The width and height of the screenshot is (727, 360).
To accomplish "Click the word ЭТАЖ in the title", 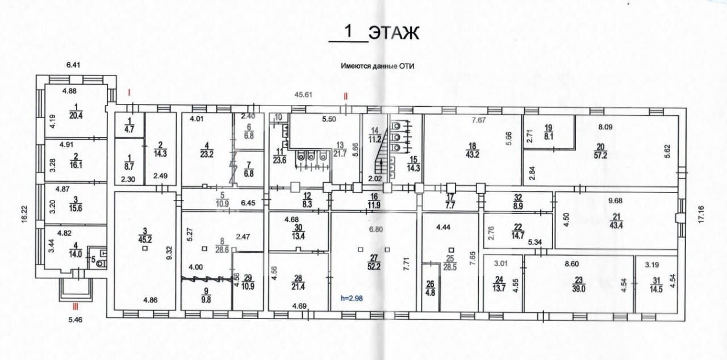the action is (394, 33).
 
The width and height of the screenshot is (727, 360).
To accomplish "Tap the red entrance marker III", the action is (75, 306).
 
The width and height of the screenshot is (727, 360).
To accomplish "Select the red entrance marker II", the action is (346, 96).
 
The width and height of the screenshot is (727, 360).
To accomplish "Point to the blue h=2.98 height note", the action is (352, 298).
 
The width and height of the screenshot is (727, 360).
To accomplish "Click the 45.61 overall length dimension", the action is (303, 95).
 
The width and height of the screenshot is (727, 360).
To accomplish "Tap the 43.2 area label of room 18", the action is (472, 154).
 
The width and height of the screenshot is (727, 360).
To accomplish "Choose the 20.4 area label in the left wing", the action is (76, 115).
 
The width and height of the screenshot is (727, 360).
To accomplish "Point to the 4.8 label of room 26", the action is (431, 292).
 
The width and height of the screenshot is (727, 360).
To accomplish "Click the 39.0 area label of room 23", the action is (579, 288).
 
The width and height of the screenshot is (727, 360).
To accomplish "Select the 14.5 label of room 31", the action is (656, 289).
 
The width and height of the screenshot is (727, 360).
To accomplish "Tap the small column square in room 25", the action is (451, 250).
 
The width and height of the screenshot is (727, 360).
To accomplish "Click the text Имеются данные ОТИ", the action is (378, 66).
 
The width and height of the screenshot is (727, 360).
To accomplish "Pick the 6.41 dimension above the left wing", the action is (73, 65).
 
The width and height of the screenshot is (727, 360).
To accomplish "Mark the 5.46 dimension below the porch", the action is (76, 320).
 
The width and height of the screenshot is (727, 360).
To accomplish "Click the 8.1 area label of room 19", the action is (549, 136).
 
